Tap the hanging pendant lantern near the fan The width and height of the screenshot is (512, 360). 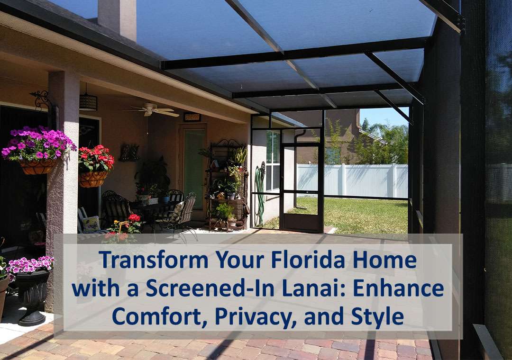tap(88, 102)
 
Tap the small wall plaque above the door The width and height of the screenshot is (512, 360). tap(192, 117)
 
